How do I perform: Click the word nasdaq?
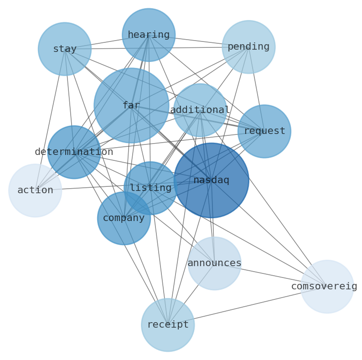pos(211,180)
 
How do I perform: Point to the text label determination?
pos(74,152)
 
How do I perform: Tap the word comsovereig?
pos(324,287)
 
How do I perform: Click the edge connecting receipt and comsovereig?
pos(247,306)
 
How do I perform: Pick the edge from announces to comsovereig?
pos(270,275)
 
